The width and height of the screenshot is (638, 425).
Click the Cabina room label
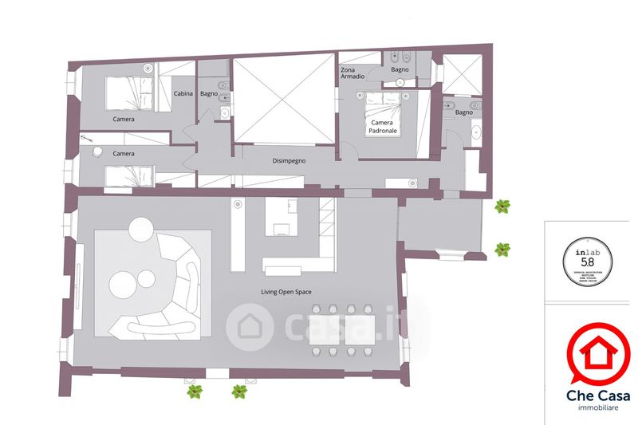[x=183, y=94]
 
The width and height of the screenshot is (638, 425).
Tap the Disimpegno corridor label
[x=289, y=160]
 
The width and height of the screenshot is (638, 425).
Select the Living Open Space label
[x=286, y=292]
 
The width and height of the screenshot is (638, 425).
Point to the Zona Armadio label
[x=352, y=74]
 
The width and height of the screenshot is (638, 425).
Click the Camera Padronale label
[x=384, y=127]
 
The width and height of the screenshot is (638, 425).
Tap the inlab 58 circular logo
[x=588, y=256]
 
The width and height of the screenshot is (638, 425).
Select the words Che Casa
[x=598, y=395]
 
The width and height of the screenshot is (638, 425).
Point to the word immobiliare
[x=598, y=408]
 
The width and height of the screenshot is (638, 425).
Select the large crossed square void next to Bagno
[x=283, y=100]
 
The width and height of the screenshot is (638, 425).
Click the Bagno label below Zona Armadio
[x=400, y=70]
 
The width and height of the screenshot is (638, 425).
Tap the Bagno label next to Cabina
[x=209, y=94]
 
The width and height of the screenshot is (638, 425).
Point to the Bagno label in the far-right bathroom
[x=464, y=112]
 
